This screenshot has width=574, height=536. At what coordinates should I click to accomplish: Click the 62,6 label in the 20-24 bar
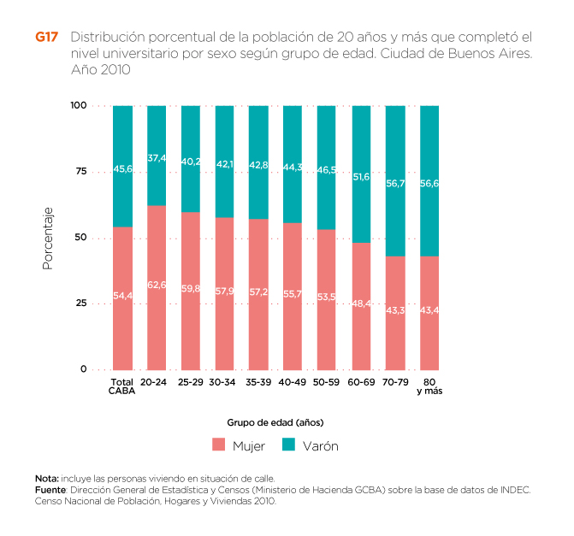pyautogui.click(x=157, y=285)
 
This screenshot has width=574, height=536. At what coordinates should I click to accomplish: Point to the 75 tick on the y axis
pyautogui.click(x=81, y=172)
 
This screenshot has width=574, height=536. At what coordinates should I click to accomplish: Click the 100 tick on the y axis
pyautogui.click(x=79, y=105)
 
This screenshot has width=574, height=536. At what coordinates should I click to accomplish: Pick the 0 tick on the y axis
pyautogui.click(x=84, y=369)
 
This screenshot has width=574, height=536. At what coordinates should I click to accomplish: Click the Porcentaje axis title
pyautogui.click(x=48, y=238)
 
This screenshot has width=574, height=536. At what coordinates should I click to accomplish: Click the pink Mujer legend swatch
pyautogui.click(x=218, y=445)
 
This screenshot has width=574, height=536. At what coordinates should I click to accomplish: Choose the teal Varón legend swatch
pyautogui.click(x=288, y=445)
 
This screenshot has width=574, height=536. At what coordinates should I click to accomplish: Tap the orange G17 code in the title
pyautogui.click(x=46, y=38)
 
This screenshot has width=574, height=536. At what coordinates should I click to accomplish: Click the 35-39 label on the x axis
pyautogui.click(x=257, y=382)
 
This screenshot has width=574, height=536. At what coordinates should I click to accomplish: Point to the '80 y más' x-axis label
pyautogui.click(x=429, y=386)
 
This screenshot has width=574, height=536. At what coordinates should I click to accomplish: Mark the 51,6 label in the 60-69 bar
pyautogui.click(x=361, y=177)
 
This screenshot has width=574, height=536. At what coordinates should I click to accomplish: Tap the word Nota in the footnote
pyautogui.click(x=45, y=478)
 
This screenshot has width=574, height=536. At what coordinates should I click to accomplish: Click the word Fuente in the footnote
pyautogui.click(x=50, y=490)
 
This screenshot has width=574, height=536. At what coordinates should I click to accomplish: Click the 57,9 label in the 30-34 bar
pyautogui.click(x=224, y=292)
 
